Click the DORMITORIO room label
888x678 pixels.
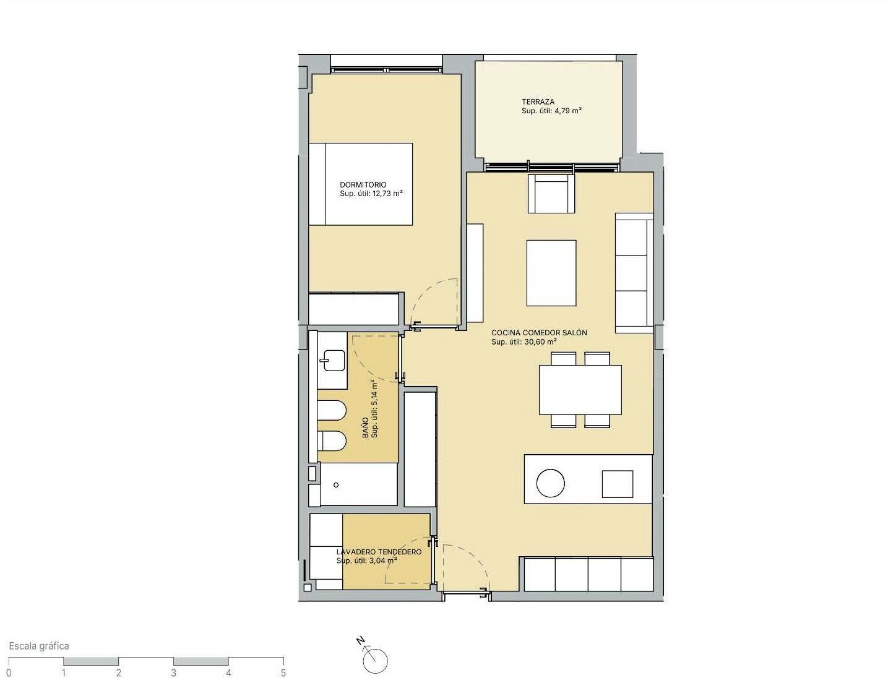363,185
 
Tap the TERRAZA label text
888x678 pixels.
538,102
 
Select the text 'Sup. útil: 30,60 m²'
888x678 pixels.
524,342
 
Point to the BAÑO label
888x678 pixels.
366,427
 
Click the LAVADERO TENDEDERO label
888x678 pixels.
379,552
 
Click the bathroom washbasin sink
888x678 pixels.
332,360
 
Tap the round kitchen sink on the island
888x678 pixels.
550,483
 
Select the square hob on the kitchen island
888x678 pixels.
618,484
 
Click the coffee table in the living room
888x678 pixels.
551,273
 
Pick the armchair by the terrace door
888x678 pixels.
551,194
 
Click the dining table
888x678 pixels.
580,390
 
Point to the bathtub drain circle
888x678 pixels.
336,485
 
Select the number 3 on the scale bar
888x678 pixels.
173,673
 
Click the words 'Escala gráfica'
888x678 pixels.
39,646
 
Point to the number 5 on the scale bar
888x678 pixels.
283,673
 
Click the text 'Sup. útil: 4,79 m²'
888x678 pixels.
551,111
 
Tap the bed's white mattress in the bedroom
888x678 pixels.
369,184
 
